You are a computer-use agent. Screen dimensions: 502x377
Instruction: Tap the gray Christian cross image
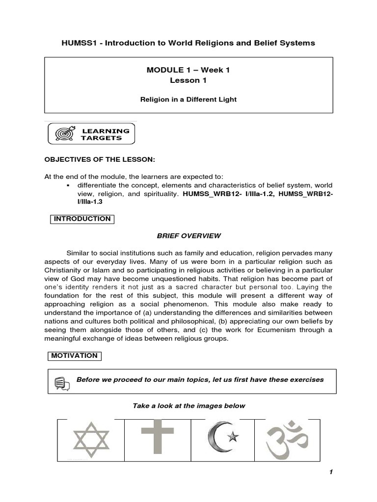pyautogui.click(x=158, y=439)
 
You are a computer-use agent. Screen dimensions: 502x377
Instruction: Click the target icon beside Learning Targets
pyautogui.click(x=66, y=134)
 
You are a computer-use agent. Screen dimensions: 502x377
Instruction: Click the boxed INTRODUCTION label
pyautogui.click(x=82, y=219)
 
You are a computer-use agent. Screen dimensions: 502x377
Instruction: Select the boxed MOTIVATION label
pyautogui.click(x=76, y=356)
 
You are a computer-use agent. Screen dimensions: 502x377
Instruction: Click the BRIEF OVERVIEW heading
pyautogui.click(x=188, y=236)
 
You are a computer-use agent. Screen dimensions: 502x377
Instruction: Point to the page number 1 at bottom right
pyautogui.click(x=331, y=472)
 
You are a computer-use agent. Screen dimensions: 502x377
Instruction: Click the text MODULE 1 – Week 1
pyautogui.click(x=188, y=70)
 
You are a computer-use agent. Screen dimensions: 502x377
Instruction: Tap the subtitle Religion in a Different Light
pyautogui.click(x=188, y=100)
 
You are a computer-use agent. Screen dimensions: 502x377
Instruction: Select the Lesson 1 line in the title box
pyautogui.click(x=188, y=80)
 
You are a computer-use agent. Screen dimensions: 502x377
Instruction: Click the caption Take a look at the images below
pyautogui.click(x=188, y=406)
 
